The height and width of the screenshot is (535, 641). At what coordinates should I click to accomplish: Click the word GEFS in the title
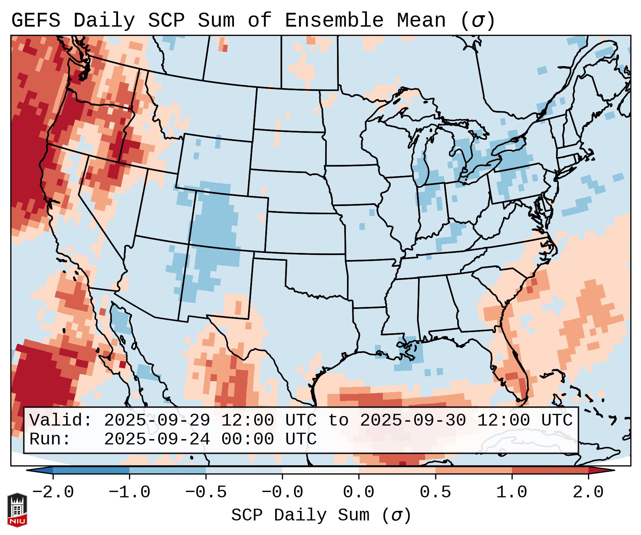36,21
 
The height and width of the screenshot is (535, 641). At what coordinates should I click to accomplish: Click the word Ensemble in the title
334,21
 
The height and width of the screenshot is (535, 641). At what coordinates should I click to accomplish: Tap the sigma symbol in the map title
477,21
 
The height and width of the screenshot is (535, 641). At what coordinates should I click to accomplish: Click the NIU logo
17,510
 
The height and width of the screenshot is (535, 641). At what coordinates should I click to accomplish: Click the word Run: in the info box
50,439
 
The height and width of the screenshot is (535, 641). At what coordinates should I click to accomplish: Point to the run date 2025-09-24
157,439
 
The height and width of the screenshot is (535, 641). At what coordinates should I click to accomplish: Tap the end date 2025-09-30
413,420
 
